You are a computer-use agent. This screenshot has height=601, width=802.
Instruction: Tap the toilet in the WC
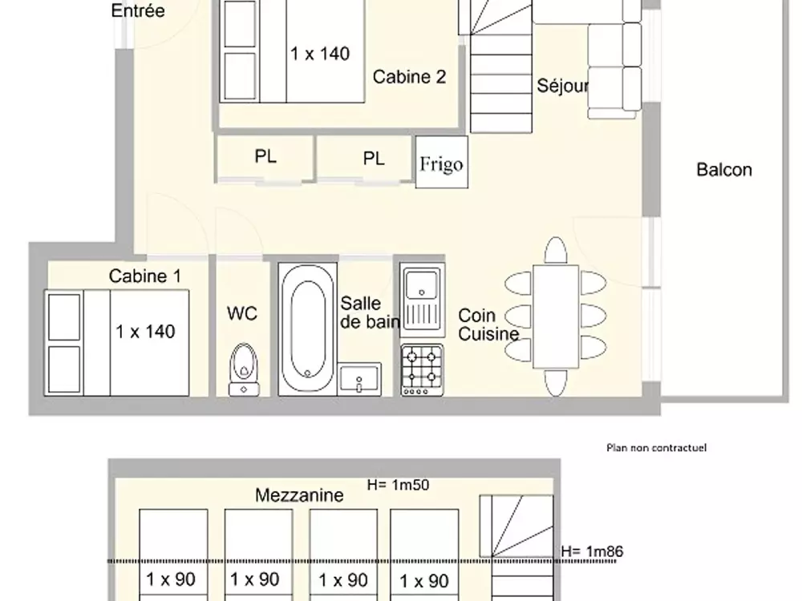(x=243, y=368)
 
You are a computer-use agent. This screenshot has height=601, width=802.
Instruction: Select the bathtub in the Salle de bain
(x=307, y=329)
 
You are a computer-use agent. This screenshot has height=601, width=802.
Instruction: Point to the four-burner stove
(x=422, y=369)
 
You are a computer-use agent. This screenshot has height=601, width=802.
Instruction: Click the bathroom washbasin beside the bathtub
(x=360, y=377)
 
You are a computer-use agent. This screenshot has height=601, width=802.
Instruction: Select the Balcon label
(x=723, y=170)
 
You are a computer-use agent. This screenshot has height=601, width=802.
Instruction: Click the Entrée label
(x=138, y=11)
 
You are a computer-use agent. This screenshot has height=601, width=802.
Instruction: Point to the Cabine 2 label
(x=409, y=77)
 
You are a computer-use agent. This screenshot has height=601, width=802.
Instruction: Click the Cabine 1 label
(x=145, y=276)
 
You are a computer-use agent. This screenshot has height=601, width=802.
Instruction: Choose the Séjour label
(x=563, y=87)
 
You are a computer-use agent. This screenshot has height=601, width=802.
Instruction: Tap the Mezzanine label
(x=299, y=495)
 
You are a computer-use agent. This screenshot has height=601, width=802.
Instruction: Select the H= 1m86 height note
(x=592, y=551)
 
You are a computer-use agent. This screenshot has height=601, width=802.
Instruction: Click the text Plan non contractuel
(x=656, y=448)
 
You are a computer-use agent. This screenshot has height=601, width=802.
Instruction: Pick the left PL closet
(x=265, y=158)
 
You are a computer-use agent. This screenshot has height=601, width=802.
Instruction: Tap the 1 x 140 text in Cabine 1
(x=145, y=331)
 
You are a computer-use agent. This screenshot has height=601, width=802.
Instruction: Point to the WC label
(x=241, y=313)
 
